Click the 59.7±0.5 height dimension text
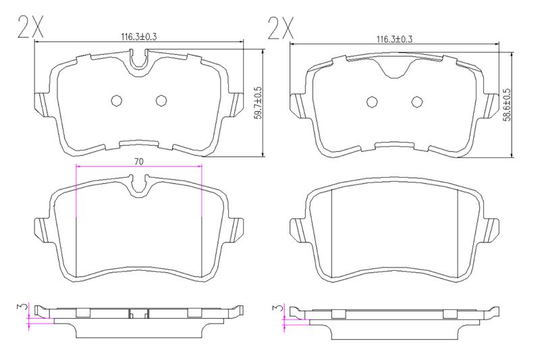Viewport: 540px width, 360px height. click(259, 103)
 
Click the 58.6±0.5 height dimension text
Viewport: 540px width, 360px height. click(508, 105)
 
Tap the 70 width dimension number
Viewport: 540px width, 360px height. click(139, 161)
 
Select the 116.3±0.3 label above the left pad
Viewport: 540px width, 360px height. click(139, 36)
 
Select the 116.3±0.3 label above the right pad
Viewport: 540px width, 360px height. click(394, 39)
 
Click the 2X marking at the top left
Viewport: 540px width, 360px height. click(30, 26)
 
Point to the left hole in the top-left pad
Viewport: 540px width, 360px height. click(116, 100)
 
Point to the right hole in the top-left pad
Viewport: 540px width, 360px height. click(161, 100)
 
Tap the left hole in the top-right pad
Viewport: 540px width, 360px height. click(372, 101)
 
